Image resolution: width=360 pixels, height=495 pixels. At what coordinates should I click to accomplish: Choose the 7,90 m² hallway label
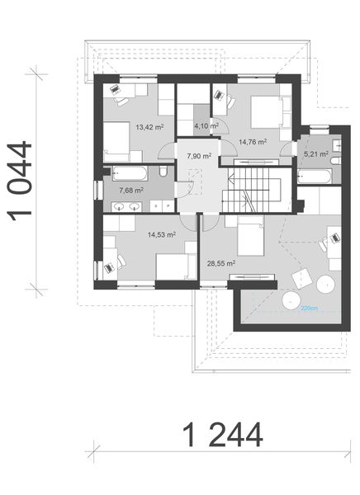198,155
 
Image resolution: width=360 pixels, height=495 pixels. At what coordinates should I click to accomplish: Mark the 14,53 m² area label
161,233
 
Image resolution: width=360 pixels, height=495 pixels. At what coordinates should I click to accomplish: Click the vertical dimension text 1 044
22,181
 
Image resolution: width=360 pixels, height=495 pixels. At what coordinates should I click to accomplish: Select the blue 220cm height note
309,309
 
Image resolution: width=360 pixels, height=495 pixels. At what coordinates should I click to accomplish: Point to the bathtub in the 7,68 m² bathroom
129,173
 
